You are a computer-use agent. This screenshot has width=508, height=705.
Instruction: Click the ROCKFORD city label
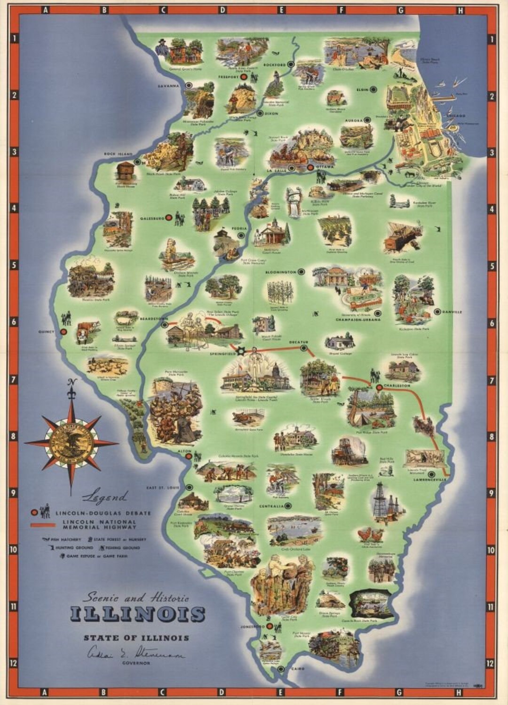coord(274,64)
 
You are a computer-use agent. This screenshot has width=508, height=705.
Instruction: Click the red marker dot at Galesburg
coord(168,218)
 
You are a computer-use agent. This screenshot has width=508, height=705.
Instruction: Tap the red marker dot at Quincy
coord(64,331)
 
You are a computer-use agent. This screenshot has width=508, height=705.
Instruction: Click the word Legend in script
coord(104,496)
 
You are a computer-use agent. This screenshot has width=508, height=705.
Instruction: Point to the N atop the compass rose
coord(71,381)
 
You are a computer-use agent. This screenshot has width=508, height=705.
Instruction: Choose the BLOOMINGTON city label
coord(280,272)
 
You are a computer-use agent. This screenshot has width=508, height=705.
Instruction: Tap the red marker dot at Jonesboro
coord(270,626)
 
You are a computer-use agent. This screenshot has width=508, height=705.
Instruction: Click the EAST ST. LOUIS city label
coord(163,487)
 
